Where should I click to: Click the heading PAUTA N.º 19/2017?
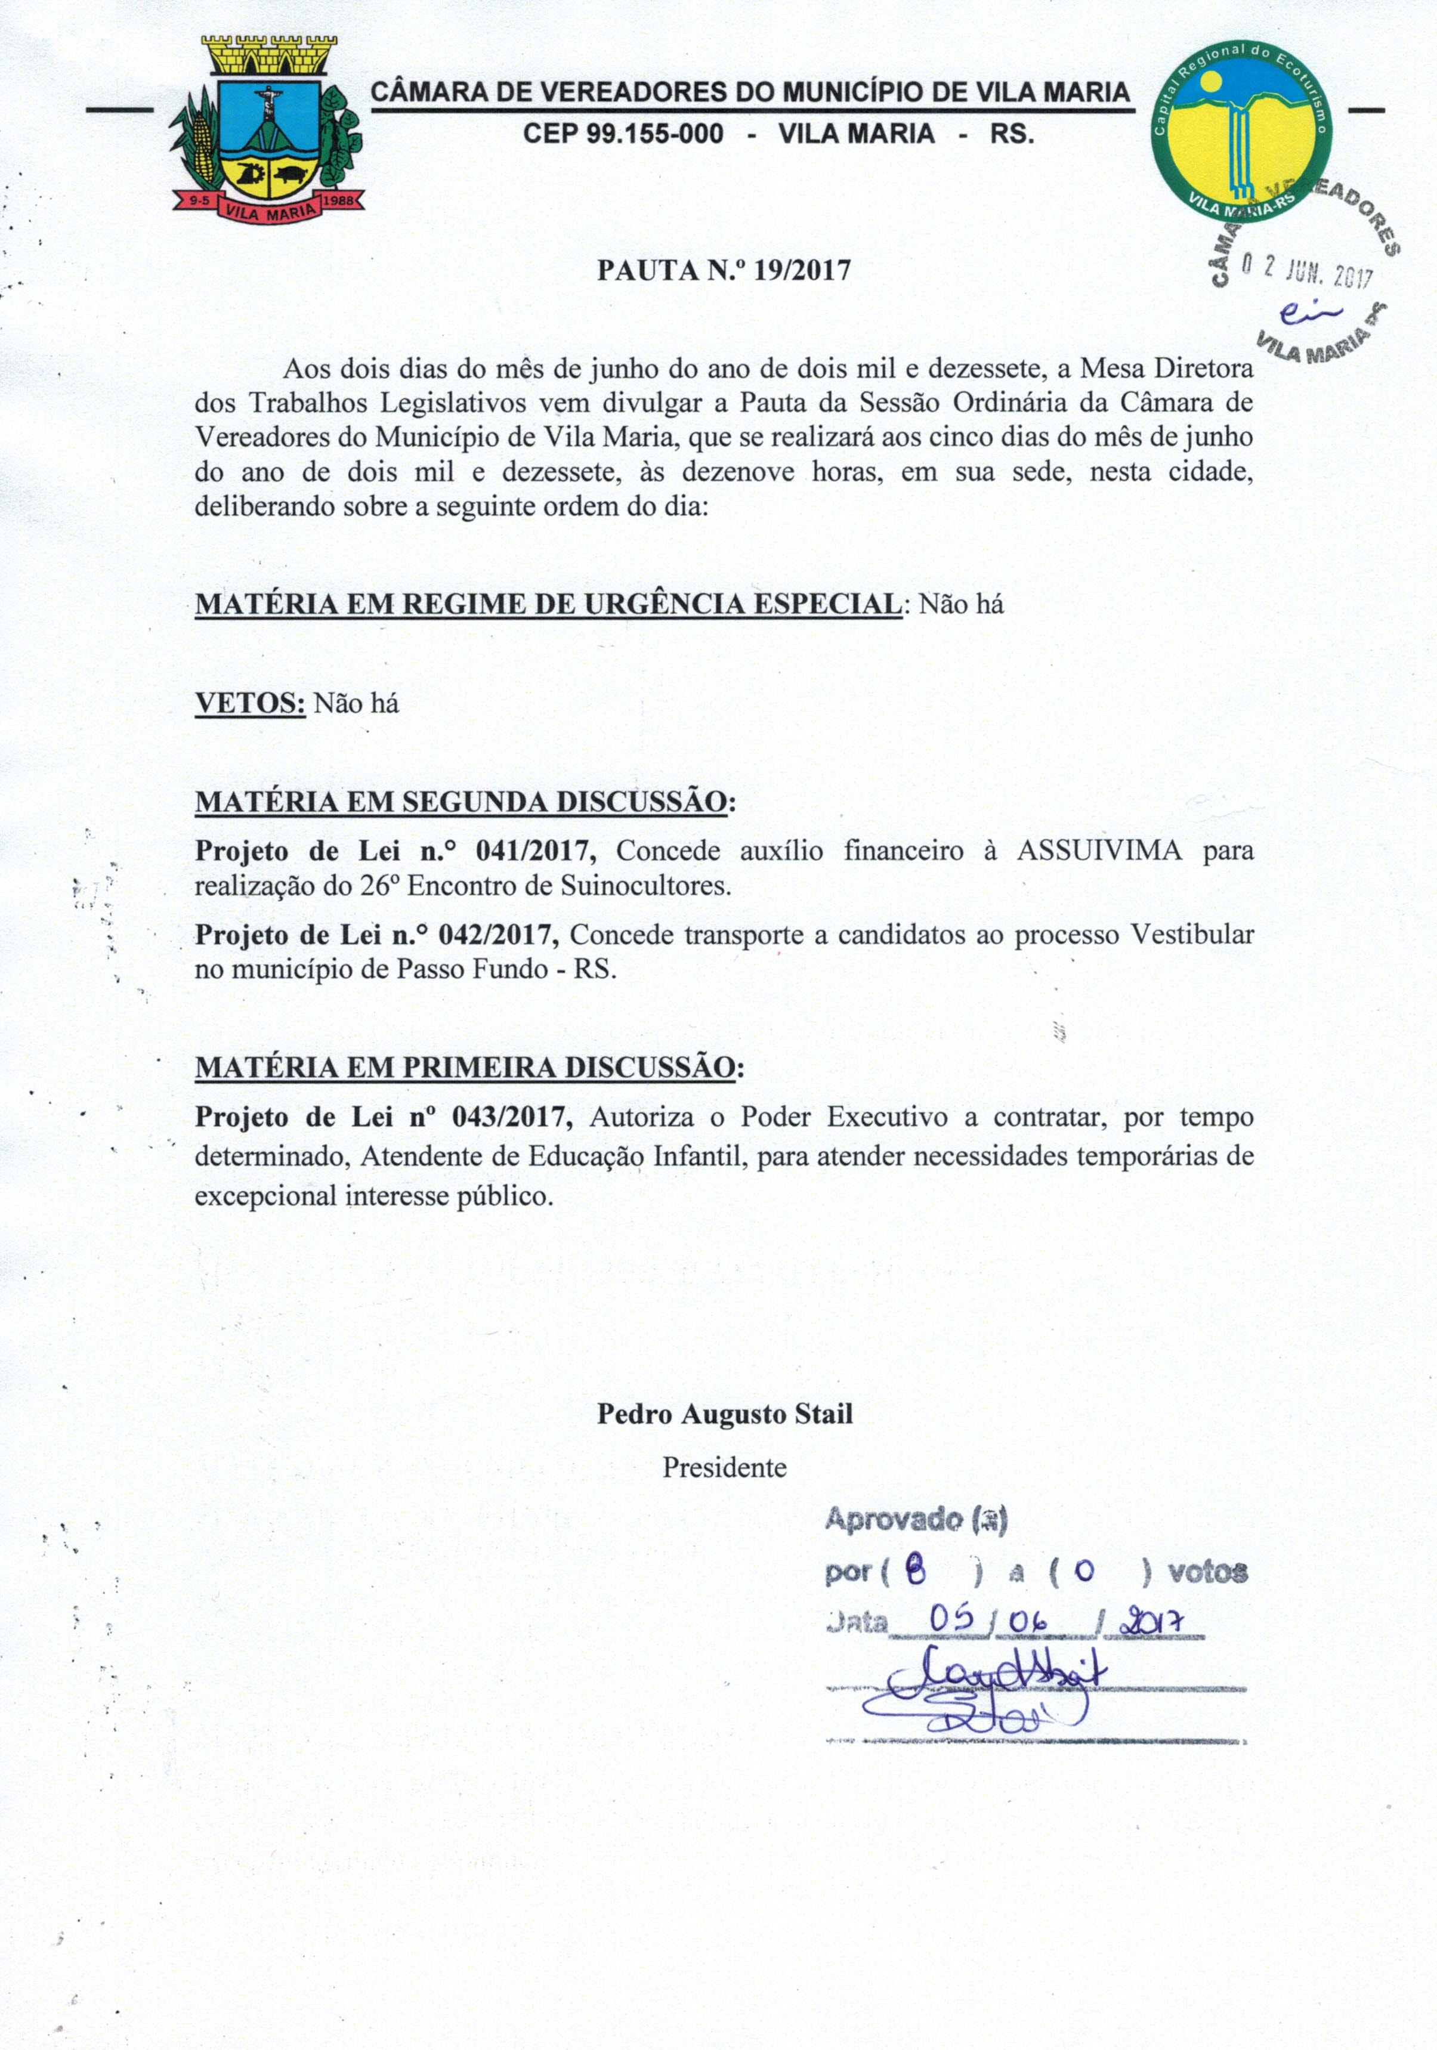point(724,271)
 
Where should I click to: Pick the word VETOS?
point(250,704)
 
